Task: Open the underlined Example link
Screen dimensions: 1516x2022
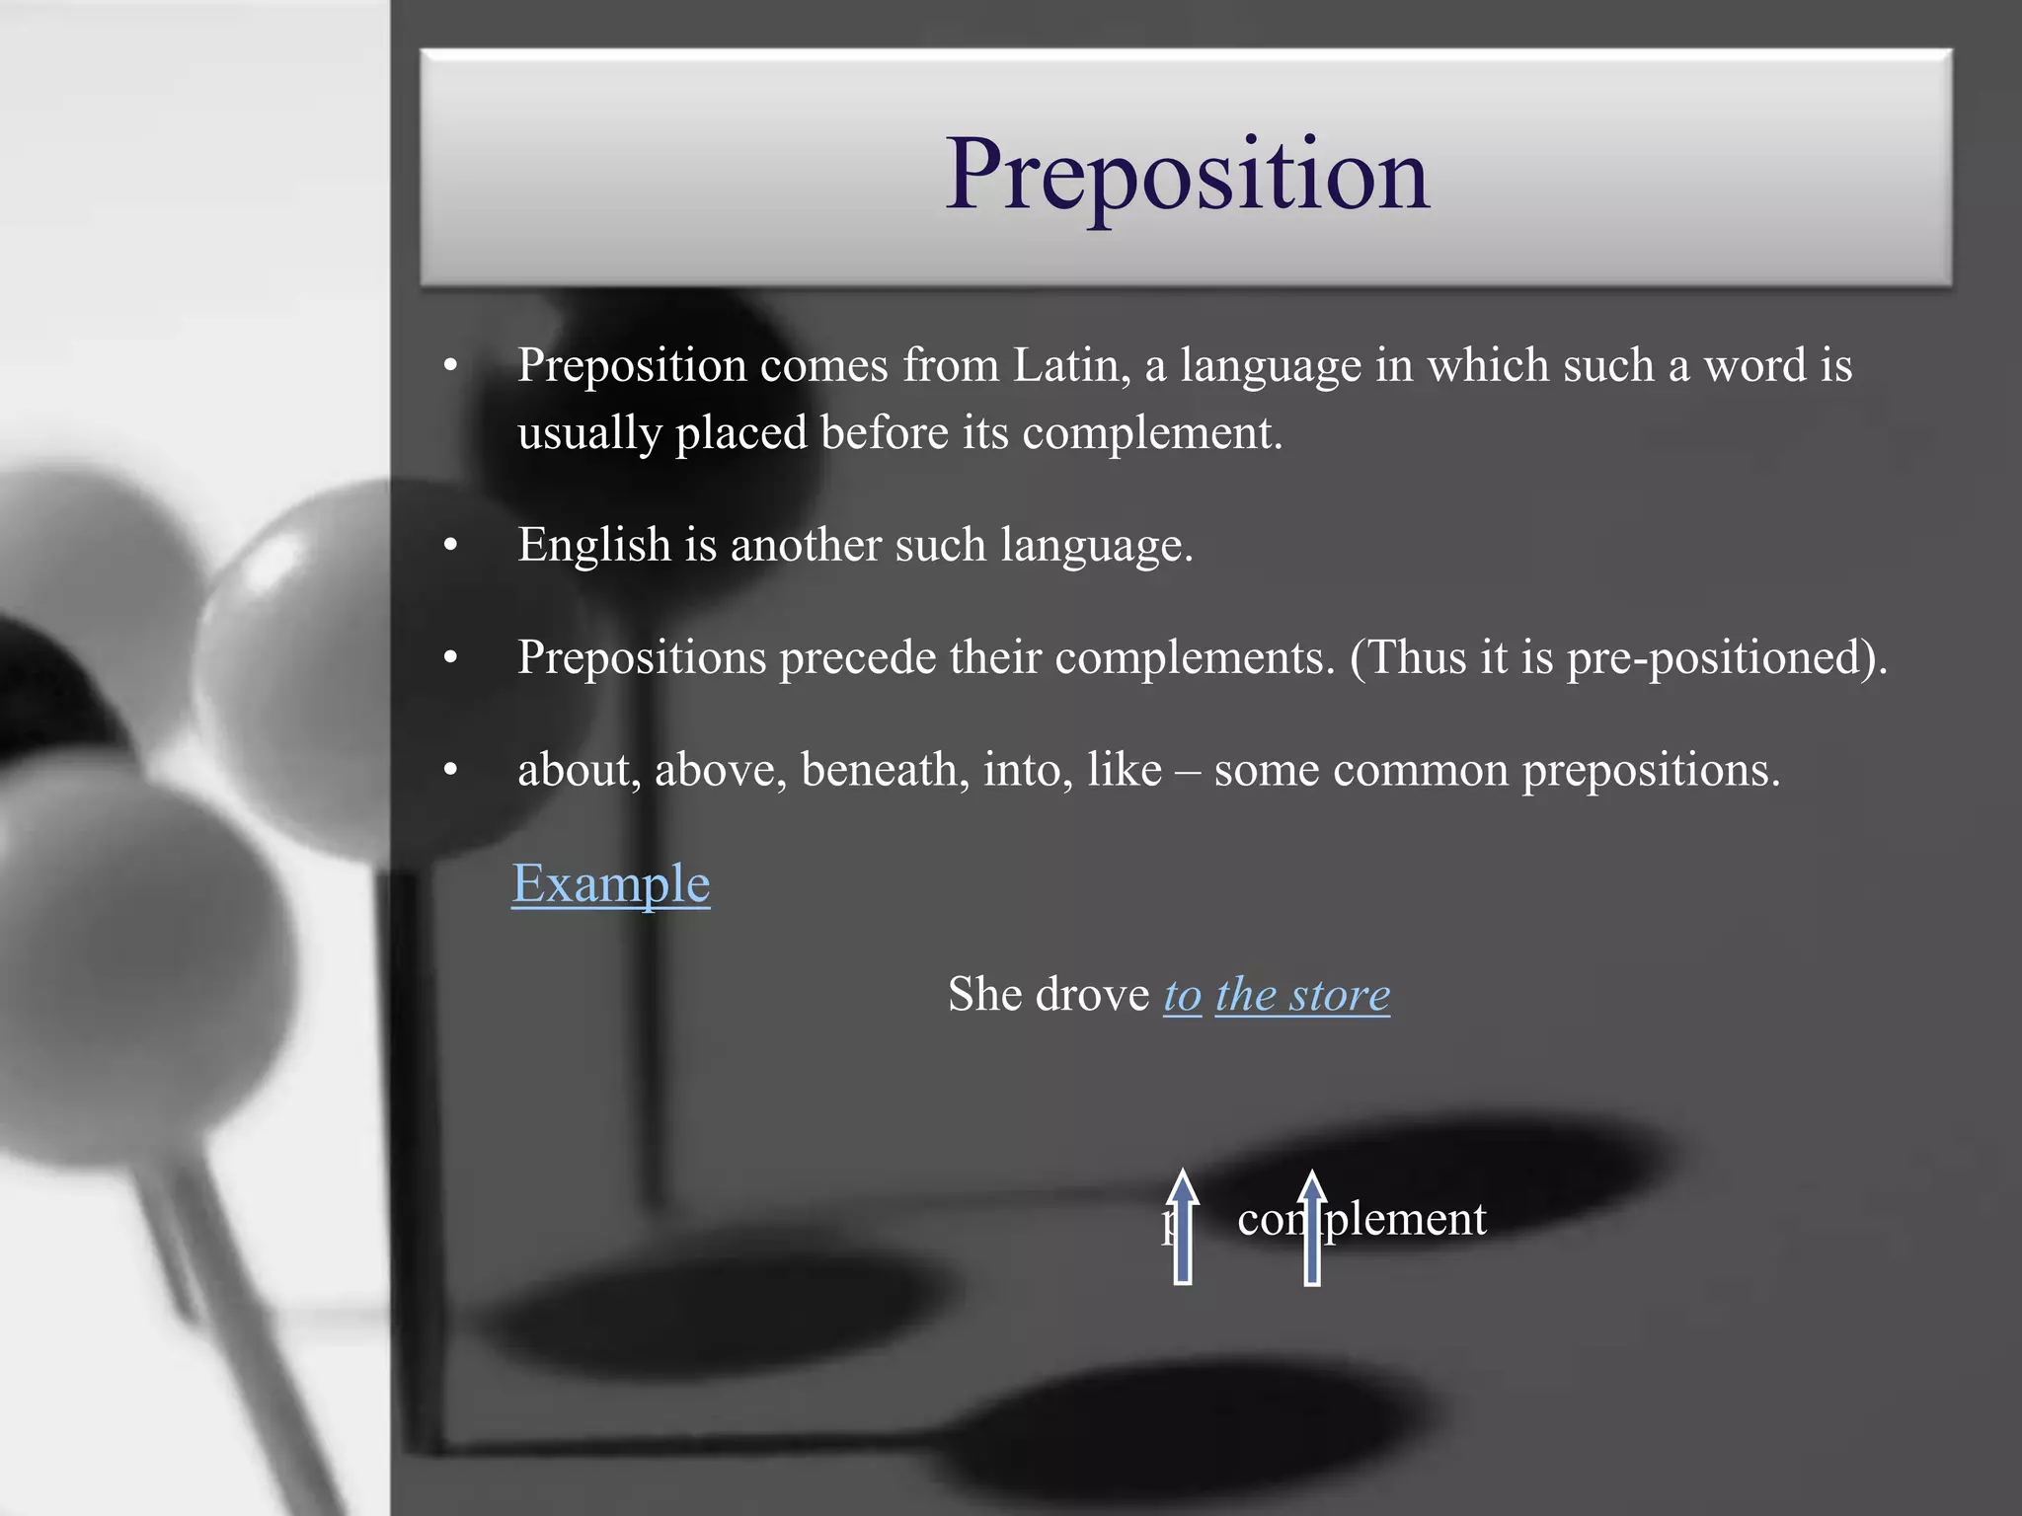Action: [610, 883]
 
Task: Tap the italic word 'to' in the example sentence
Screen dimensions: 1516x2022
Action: [1182, 995]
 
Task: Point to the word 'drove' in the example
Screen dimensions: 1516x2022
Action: [1094, 995]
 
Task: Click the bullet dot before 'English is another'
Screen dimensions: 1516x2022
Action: [451, 546]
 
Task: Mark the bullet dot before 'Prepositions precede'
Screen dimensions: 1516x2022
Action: [451, 657]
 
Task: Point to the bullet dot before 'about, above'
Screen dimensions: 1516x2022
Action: [451, 770]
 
